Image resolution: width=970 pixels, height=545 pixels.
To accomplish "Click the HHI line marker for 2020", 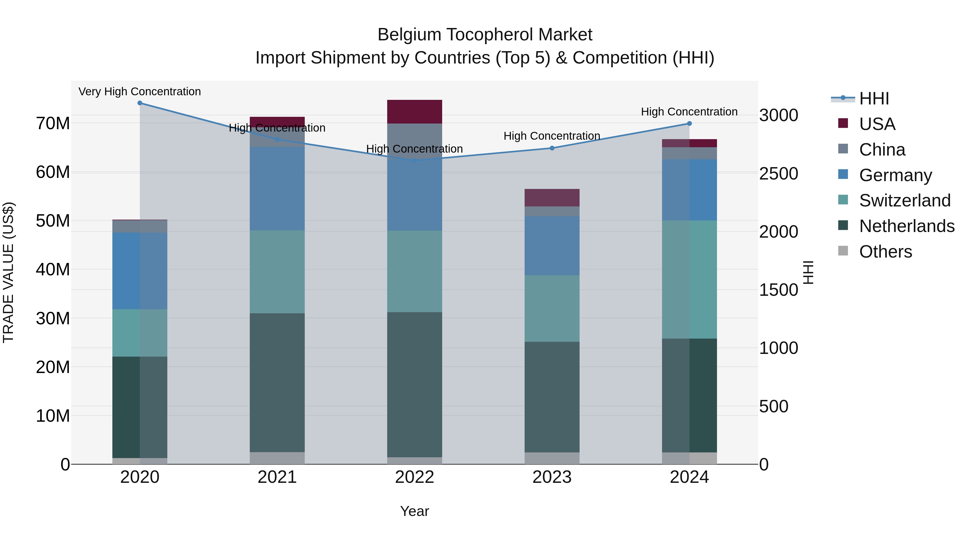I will point(140,103).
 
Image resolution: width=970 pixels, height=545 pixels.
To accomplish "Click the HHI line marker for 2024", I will point(690,123).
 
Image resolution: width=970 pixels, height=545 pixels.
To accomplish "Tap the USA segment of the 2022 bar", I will point(415,111).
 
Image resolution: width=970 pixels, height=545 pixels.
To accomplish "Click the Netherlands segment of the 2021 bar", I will point(277,382).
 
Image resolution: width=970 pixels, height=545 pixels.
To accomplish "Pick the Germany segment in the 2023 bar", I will point(552,246).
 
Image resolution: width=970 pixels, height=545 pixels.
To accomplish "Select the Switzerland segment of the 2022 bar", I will point(415,271).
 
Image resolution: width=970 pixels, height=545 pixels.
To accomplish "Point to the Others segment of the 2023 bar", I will point(552,458).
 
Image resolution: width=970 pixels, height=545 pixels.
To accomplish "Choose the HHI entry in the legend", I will point(874,99).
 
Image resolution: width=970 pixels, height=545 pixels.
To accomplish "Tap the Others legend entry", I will point(885,252).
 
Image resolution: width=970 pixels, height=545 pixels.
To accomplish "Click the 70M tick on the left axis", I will point(53,123).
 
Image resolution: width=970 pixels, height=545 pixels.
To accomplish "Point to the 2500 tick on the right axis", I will point(778,174).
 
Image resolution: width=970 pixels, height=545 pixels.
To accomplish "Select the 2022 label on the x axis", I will point(415,477).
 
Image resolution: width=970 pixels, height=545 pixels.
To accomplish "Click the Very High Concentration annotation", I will point(140,92).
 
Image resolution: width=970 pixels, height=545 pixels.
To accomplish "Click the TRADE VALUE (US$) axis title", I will point(8,272).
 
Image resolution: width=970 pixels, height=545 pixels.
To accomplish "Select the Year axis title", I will point(415,511).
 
